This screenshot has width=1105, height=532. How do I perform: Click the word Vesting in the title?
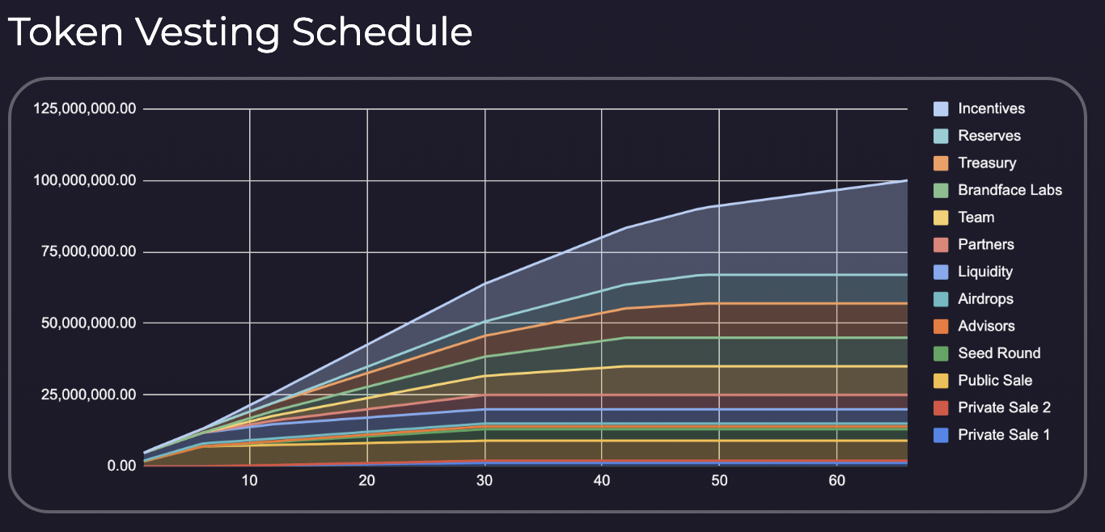(x=201, y=32)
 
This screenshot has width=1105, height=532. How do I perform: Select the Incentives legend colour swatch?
(x=941, y=108)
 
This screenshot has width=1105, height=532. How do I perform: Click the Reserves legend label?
(x=989, y=136)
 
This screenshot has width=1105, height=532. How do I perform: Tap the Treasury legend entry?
(x=987, y=163)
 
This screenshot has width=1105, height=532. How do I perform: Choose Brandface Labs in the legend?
(x=1010, y=190)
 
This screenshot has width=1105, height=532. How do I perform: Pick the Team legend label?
(x=976, y=217)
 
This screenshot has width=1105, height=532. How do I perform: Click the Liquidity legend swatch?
(x=941, y=272)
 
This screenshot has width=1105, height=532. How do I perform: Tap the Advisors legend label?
(x=986, y=326)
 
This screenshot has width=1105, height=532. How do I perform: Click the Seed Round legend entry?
(x=999, y=353)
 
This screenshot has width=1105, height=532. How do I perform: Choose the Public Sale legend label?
(x=995, y=380)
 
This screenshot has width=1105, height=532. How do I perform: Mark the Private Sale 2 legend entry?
(x=1004, y=407)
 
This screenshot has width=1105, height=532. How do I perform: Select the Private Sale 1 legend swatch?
(x=941, y=435)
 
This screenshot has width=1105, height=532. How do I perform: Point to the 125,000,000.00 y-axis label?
(x=83, y=109)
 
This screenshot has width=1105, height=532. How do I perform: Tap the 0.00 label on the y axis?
(x=120, y=467)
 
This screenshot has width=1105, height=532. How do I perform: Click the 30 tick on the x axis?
(x=485, y=481)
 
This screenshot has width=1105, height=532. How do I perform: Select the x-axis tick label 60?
(x=837, y=481)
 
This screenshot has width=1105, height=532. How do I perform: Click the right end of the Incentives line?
(x=906, y=180)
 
